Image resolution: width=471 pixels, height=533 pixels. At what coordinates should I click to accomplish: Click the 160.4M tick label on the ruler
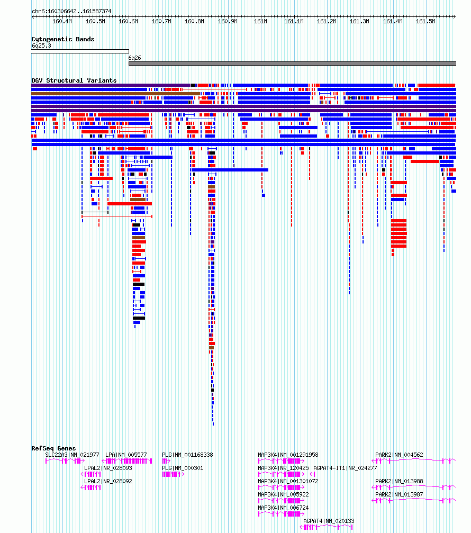(x=62, y=21)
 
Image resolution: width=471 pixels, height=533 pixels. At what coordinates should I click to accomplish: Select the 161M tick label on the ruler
(x=261, y=21)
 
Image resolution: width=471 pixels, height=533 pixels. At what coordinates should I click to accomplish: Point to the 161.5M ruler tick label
(x=425, y=21)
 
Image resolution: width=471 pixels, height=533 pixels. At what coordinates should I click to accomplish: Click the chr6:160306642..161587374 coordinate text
(x=71, y=11)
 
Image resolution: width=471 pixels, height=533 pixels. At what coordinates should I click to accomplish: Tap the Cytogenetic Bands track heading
(x=63, y=39)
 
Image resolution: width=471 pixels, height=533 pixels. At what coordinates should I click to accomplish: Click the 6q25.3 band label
(x=41, y=46)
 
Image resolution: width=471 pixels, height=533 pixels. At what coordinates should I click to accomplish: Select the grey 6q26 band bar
(x=292, y=64)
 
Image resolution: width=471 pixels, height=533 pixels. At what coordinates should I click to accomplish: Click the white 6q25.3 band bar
(x=80, y=52)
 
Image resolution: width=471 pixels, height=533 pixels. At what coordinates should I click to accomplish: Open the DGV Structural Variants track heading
(x=74, y=80)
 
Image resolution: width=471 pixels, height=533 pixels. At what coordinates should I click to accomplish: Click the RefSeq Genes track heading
(x=53, y=448)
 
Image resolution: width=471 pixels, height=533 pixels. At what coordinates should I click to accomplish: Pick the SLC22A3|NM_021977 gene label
(x=72, y=455)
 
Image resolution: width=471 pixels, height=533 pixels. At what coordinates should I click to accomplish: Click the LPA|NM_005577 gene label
(x=126, y=455)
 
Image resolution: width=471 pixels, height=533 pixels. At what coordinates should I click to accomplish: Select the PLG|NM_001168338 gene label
(x=187, y=455)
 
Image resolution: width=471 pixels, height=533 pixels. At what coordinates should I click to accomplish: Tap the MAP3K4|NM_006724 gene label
(x=284, y=508)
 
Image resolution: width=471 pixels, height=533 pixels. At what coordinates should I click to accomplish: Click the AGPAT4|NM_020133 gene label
(x=329, y=521)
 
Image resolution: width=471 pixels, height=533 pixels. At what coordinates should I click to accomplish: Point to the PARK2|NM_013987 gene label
(x=400, y=494)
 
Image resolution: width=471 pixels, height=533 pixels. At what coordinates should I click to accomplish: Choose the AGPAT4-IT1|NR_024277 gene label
(x=345, y=468)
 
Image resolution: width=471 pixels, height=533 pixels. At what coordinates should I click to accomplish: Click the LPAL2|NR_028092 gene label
(x=108, y=481)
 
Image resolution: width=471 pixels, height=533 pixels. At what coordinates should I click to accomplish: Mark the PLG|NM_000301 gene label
(x=183, y=468)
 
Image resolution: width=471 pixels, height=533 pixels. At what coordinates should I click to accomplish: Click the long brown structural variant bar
(x=115, y=94)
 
